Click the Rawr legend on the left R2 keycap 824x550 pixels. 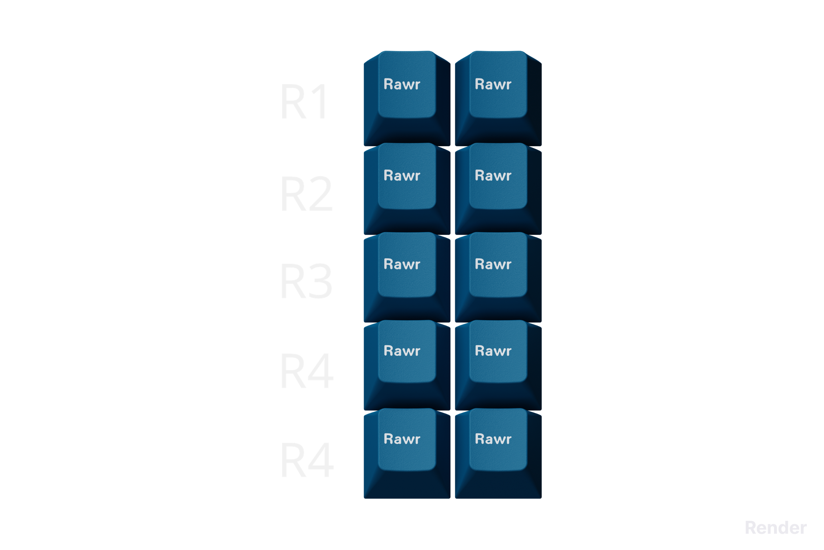(402, 175)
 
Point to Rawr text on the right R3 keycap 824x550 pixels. (493, 264)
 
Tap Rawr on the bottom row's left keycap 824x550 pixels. (402, 439)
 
